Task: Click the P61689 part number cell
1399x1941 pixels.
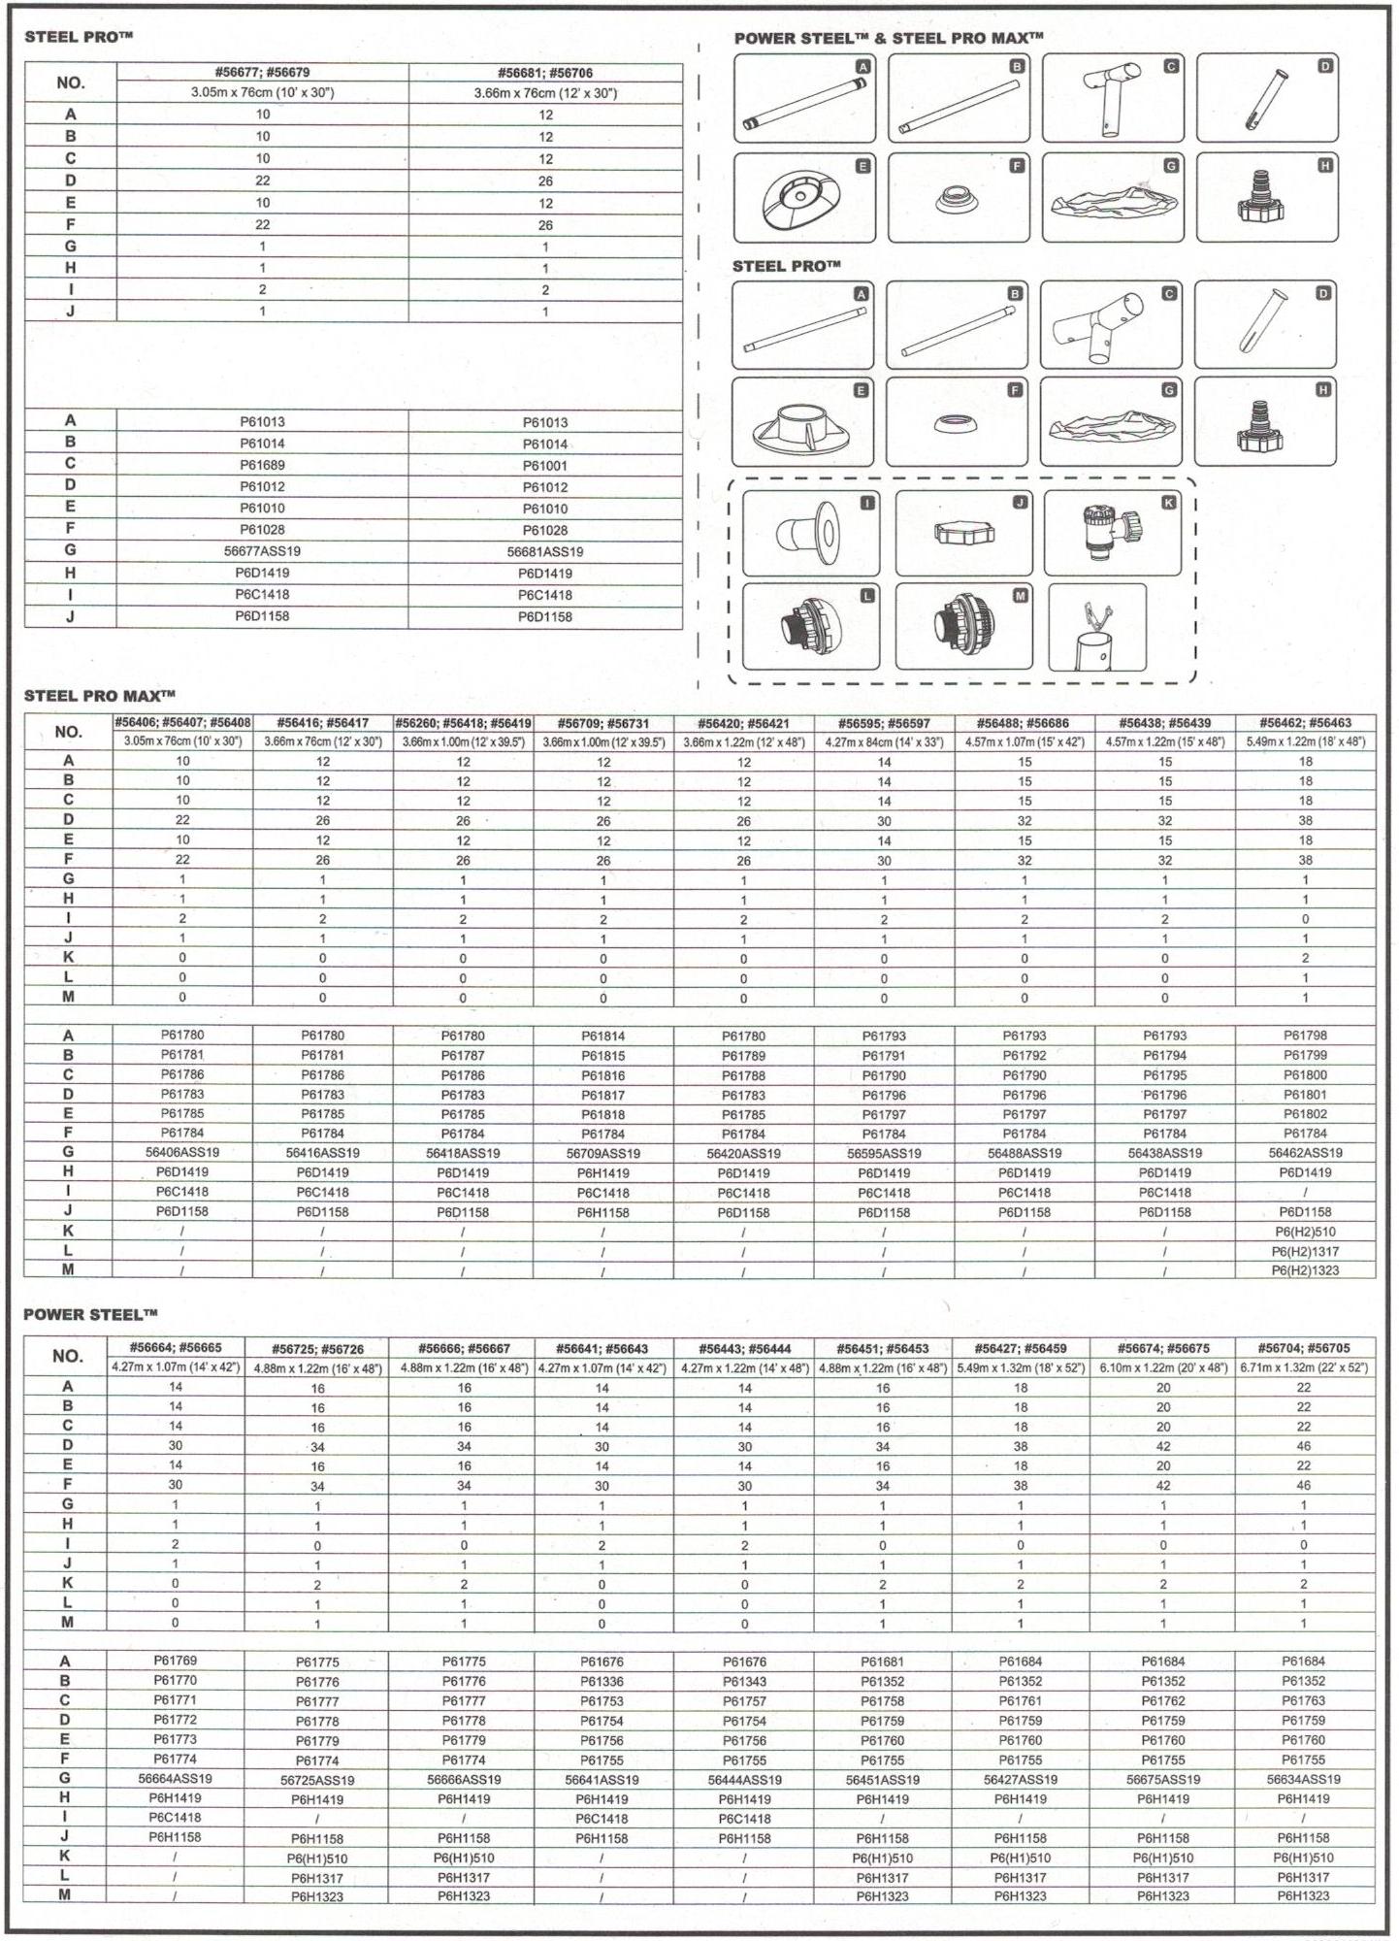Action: (262, 465)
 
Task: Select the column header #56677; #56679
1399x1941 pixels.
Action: (262, 73)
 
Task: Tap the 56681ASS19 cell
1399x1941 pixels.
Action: (545, 551)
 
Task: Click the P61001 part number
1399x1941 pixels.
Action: (545, 465)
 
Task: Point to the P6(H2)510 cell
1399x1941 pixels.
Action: (1305, 1232)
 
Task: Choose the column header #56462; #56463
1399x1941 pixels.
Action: (1305, 723)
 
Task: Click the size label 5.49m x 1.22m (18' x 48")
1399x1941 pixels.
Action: (1305, 741)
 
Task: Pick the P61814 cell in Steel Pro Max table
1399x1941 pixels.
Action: (603, 1036)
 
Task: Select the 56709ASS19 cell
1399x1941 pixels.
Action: (603, 1154)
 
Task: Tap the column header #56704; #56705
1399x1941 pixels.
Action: (1303, 1348)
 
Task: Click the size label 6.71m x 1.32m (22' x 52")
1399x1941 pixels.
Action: (1303, 1367)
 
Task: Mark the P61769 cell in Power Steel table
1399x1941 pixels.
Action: (176, 1661)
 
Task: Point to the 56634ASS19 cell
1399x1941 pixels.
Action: (1303, 1779)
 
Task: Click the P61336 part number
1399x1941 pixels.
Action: (602, 1681)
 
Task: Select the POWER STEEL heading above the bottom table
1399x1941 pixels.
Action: (90, 1314)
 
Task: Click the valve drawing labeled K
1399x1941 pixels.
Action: (1112, 533)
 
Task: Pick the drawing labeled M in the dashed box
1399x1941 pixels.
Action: (963, 626)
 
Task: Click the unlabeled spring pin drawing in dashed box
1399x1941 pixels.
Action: (1097, 627)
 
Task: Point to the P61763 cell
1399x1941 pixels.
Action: (1303, 1700)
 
